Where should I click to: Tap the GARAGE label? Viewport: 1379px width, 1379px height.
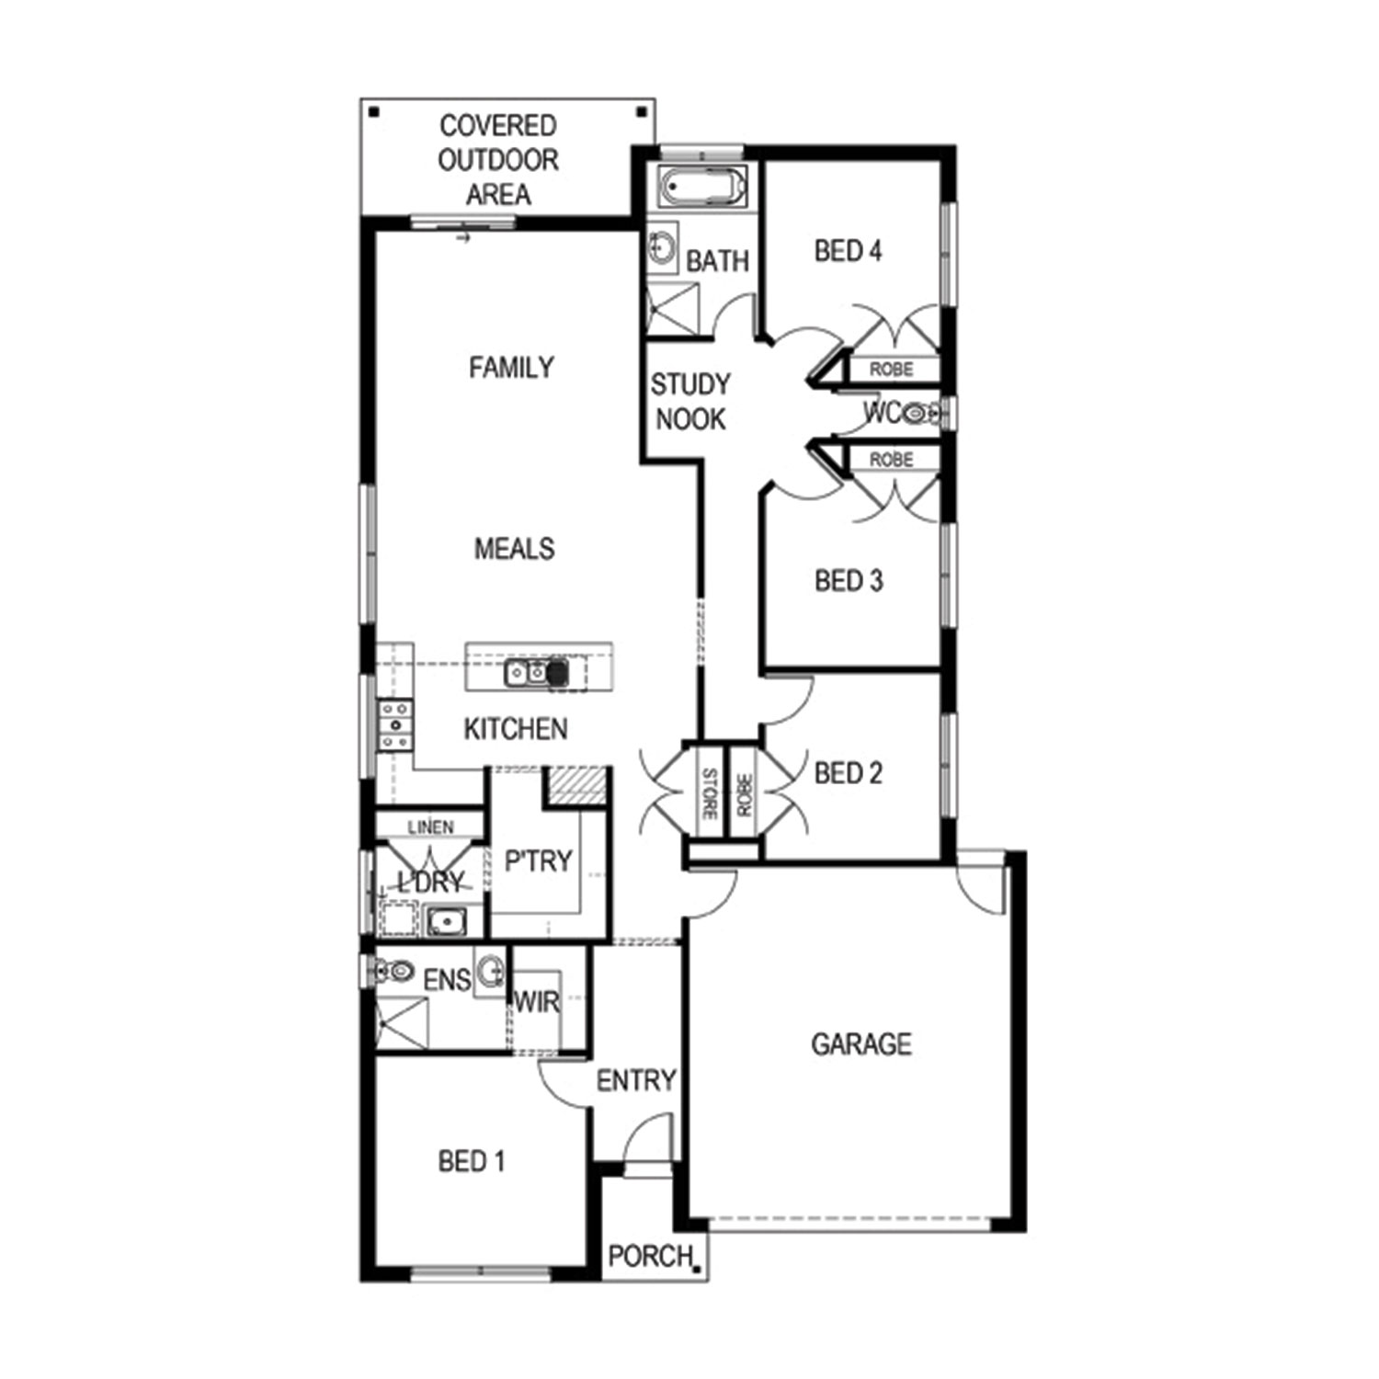click(x=861, y=1043)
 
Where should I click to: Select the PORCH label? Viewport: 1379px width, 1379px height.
click(x=650, y=1255)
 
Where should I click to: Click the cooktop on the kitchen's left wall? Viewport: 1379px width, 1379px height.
click(x=396, y=724)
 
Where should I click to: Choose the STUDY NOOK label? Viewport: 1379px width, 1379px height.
click(x=690, y=401)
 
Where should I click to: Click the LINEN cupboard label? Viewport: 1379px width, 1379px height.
click(x=430, y=827)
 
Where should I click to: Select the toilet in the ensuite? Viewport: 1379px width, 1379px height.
click(x=393, y=970)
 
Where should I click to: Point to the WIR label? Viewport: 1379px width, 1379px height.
click(x=536, y=1001)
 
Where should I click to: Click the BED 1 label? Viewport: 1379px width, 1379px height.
click(x=472, y=1161)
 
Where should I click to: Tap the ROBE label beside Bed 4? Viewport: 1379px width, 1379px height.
click(x=891, y=369)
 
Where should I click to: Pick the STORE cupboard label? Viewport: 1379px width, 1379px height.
click(x=710, y=793)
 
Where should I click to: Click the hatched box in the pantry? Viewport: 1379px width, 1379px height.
click(x=575, y=787)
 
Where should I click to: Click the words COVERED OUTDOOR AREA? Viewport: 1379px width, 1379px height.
click(x=497, y=160)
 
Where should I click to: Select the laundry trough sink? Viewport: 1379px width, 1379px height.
click(x=446, y=920)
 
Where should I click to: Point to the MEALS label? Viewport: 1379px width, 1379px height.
click(x=514, y=548)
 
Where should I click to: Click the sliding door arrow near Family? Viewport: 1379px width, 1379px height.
click(x=463, y=239)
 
